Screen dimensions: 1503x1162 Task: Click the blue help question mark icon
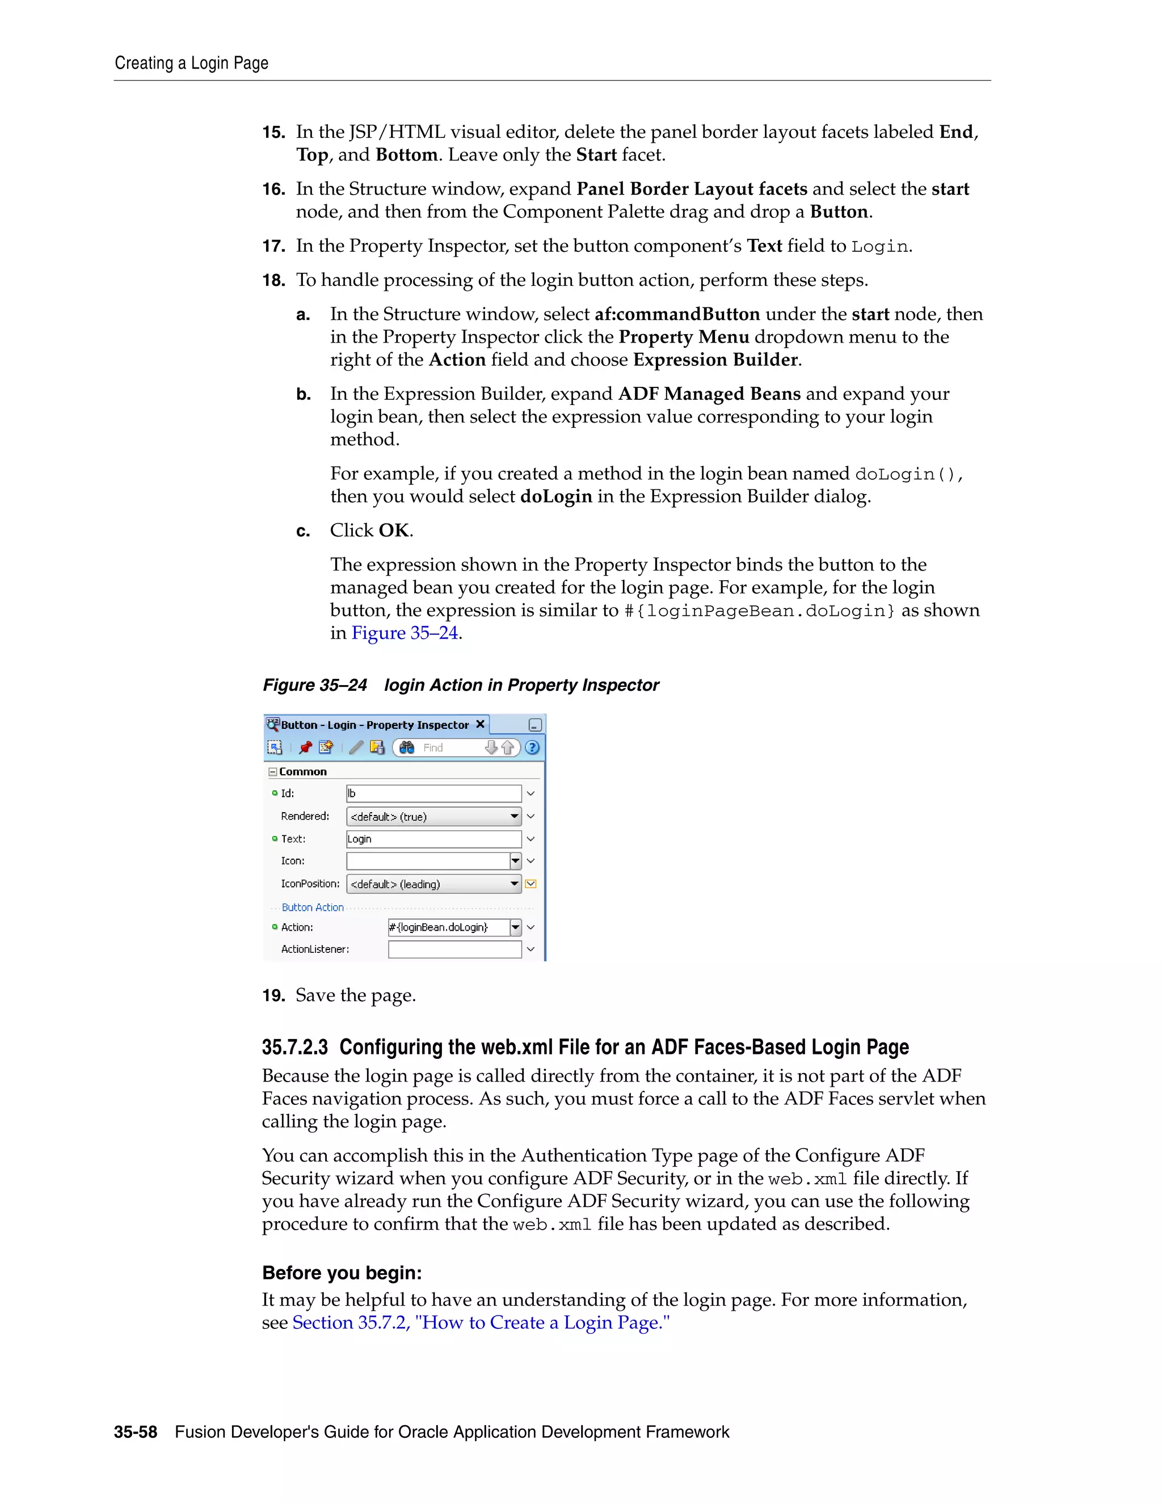[x=532, y=748]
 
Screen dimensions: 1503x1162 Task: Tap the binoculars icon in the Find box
[x=407, y=748]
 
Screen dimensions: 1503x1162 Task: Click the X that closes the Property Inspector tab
[x=481, y=724]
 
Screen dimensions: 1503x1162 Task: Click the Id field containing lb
[x=433, y=793]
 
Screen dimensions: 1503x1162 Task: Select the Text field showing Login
[x=433, y=839]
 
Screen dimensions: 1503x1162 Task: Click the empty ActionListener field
[x=454, y=949]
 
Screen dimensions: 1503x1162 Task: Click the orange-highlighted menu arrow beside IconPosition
[x=531, y=884]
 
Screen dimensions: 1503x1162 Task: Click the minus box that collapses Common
[x=272, y=771]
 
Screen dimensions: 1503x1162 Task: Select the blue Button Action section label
[x=313, y=907]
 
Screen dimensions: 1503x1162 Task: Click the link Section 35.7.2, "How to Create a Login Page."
[x=481, y=1323]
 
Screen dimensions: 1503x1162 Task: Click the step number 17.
[x=273, y=246]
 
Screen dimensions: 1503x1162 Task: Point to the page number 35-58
[x=136, y=1432]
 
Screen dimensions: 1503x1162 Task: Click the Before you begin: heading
[x=342, y=1273]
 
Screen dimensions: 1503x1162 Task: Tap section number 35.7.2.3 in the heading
[x=294, y=1047]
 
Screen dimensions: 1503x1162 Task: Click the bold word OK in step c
[x=394, y=531]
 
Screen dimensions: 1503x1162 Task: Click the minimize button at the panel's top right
[x=535, y=725]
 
